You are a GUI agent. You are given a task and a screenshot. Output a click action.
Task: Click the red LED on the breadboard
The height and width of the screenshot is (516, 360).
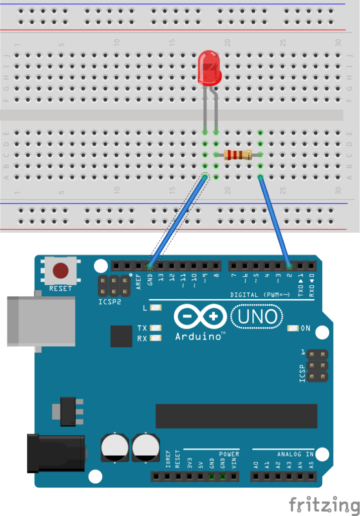tap(209, 68)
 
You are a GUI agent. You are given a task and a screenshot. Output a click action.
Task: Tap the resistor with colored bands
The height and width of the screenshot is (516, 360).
tap(238, 155)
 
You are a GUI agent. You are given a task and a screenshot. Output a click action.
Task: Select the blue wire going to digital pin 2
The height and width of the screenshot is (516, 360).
tap(275, 222)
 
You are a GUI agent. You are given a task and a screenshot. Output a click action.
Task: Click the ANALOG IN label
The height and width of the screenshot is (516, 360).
tap(295, 454)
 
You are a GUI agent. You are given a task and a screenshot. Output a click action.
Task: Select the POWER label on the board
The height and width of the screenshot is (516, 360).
tap(229, 454)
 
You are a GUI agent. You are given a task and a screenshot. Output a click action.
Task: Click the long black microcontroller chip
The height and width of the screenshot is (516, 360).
tap(236, 416)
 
